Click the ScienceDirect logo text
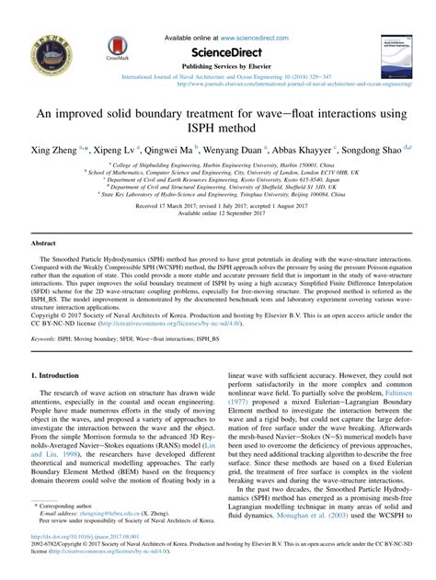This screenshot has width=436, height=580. (218, 52)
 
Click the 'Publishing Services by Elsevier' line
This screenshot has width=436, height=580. (217, 67)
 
